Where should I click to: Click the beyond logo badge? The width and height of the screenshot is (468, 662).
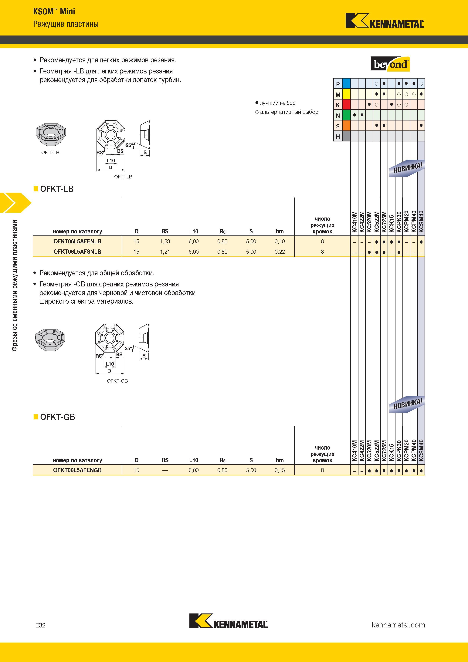click(390, 64)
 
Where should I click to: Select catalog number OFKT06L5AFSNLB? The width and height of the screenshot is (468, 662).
click(77, 252)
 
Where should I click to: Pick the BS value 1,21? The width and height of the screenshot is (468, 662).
click(165, 252)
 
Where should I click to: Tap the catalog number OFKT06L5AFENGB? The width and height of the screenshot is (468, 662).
click(77, 470)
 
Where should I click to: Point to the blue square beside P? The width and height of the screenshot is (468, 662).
click(346, 84)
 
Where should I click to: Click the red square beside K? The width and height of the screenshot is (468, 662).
click(346, 105)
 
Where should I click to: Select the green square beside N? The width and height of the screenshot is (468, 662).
click(346, 115)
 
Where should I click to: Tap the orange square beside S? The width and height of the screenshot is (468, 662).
click(346, 126)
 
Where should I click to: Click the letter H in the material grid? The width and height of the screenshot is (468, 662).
click(338, 136)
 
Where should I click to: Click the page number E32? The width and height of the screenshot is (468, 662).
click(40, 625)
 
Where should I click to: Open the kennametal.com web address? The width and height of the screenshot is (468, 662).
click(398, 625)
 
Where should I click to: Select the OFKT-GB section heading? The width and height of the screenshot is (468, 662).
click(57, 417)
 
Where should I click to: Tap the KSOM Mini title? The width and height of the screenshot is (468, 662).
click(54, 12)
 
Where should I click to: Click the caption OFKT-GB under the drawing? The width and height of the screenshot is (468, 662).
click(117, 381)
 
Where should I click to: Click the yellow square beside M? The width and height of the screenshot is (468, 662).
click(346, 94)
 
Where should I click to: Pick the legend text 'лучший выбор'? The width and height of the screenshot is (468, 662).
click(278, 103)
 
